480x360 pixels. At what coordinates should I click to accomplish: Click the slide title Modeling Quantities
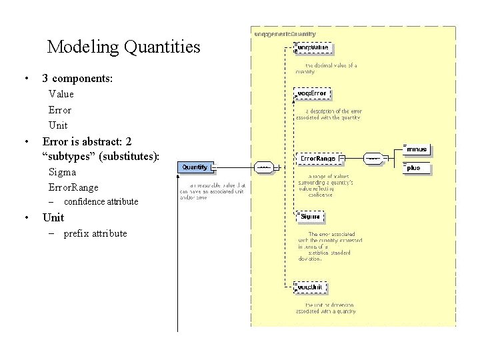tap(123, 47)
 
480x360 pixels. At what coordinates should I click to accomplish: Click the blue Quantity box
tap(195, 167)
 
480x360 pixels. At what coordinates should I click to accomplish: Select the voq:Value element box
tap(313, 48)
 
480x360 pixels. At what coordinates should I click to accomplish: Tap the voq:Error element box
tap(313, 93)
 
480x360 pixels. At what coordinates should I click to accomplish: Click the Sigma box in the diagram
tap(311, 217)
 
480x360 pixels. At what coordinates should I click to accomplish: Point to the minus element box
tap(417, 149)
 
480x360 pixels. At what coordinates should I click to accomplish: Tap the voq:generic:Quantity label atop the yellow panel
tap(285, 33)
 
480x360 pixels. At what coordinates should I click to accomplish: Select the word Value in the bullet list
tap(61, 94)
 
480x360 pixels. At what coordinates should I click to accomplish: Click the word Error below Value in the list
tap(60, 110)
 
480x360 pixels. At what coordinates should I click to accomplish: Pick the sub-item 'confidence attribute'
tap(101, 201)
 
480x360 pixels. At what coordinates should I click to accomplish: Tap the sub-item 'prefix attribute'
tap(95, 233)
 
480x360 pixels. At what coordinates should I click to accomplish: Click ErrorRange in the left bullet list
tap(73, 187)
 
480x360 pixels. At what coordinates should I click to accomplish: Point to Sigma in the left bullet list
tap(62, 172)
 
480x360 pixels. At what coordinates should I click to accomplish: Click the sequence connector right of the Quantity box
tap(263, 167)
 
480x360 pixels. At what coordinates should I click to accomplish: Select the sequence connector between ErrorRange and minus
tap(373, 159)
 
